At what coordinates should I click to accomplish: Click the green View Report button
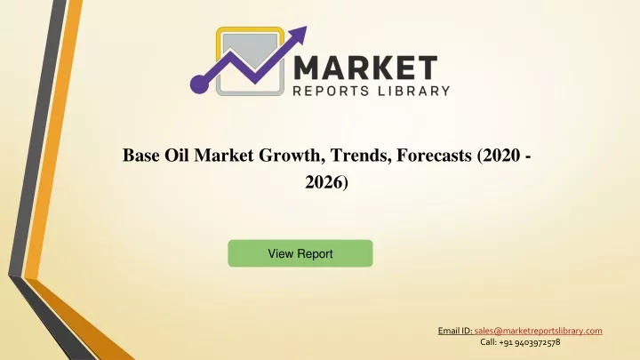pyautogui.click(x=300, y=253)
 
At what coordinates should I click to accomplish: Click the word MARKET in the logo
pyautogui.click(x=365, y=68)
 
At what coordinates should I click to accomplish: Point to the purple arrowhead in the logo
pyautogui.click(x=299, y=35)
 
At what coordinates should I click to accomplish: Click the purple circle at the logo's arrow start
pyautogui.click(x=200, y=84)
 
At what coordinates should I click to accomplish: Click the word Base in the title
pyautogui.click(x=140, y=155)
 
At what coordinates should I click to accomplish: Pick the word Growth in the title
pyautogui.click(x=292, y=156)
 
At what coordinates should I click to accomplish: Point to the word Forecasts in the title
pyautogui.click(x=434, y=155)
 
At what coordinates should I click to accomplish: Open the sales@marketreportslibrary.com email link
pyautogui.click(x=538, y=331)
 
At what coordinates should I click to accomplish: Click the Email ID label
pyautogui.click(x=455, y=331)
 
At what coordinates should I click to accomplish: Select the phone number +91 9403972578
pyautogui.click(x=530, y=342)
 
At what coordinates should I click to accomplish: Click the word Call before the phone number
pyautogui.click(x=488, y=342)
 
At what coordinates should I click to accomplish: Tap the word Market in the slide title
pyautogui.click(x=224, y=155)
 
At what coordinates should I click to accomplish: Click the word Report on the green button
pyautogui.click(x=315, y=254)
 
